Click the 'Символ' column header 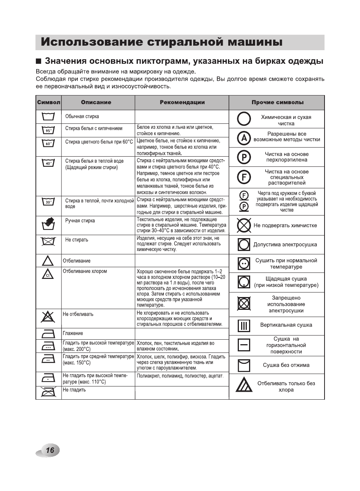[48, 102]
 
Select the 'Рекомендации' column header [182, 102]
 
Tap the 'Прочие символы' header [277, 102]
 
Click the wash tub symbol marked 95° [48, 131]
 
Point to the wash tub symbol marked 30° [48, 202]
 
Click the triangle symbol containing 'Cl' [48, 274]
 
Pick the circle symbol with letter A [244, 138]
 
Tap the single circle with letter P [244, 157]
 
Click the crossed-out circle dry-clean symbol [244, 225]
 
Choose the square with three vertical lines [244, 325]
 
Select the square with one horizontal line [244, 345]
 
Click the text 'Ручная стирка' [80, 221]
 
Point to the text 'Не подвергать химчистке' [285, 225]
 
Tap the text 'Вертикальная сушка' [286, 325]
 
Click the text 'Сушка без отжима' [286, 365]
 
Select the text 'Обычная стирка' [82, 117]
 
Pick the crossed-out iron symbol [48, 392]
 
